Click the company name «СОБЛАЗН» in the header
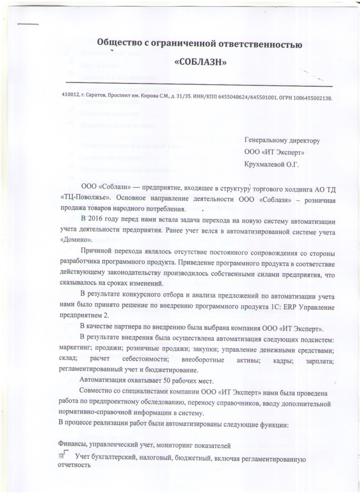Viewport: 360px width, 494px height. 200,63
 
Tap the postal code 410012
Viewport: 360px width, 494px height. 71,96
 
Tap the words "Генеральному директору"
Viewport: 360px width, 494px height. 282,141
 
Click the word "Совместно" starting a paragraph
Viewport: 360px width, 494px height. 96,390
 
